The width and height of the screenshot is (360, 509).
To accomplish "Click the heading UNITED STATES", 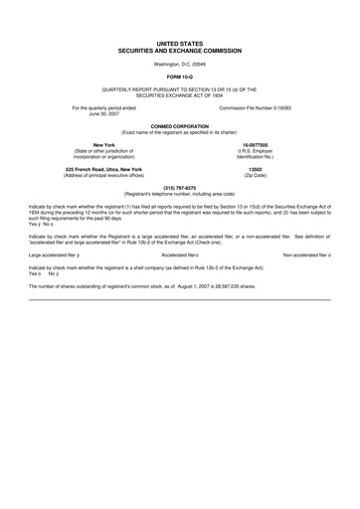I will click(179, 45).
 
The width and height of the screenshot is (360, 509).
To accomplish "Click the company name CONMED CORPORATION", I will click(179, 124).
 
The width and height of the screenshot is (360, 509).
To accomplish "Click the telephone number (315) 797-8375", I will click(179, 187).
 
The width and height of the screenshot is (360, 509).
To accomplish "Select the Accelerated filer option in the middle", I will click(180, 255).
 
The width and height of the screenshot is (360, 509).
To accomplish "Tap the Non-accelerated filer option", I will click(306, 255).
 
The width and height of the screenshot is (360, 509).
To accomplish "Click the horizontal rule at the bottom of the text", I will click(179, 299).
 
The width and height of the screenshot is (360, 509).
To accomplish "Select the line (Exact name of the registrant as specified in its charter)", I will click(179, 130).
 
